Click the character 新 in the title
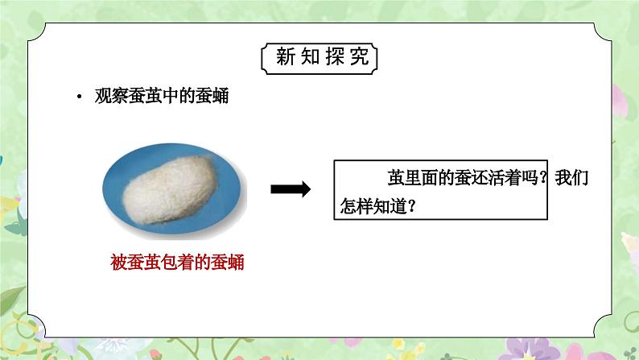285,56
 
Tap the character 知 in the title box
310,56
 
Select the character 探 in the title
335,56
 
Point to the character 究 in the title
360,56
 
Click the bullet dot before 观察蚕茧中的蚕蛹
79,97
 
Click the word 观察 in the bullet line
111,96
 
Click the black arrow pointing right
291,189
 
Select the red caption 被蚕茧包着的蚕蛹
177,263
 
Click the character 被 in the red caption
118,263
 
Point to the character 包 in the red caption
169,263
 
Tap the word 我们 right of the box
571,178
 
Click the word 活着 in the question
505,178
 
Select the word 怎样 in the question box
357,206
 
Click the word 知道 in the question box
390,206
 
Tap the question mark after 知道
411,206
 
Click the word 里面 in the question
421,178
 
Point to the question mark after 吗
542,178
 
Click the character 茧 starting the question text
396,178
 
